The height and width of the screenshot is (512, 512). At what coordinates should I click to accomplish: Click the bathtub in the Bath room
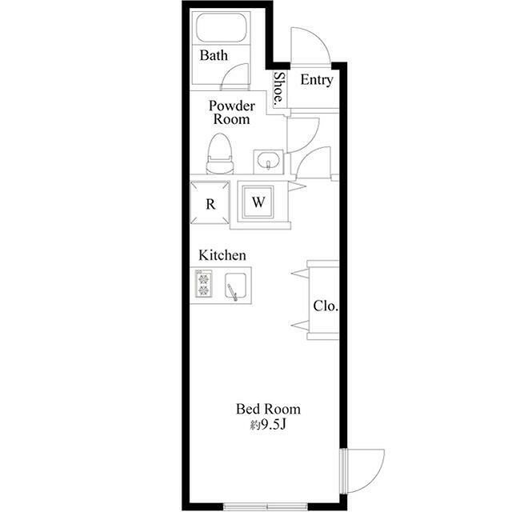coord(221,28)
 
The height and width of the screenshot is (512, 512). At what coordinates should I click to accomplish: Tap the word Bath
coord(214,55)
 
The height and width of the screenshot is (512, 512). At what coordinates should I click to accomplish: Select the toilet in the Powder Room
coord(220,154)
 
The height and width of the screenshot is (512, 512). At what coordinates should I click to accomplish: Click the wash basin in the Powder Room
coord(269,162)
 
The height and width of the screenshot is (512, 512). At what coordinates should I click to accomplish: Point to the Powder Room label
coord(232,112)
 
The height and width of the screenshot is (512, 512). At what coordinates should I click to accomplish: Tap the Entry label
coord(317,80)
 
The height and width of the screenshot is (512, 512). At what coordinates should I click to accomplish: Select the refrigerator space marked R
coord(210,202)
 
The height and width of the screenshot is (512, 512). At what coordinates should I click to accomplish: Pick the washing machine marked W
coord(258,202)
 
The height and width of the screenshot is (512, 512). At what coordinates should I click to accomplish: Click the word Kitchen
coord(222,255)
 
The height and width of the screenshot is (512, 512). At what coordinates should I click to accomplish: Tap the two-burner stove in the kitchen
coord(203,283)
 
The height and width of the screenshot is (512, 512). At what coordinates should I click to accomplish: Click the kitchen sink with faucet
coord(235,286)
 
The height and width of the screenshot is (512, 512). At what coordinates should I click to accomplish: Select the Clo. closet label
coord(326,306)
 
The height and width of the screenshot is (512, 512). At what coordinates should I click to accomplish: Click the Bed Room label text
coord(268,409)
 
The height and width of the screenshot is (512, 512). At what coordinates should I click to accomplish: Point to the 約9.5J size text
coord(268,425)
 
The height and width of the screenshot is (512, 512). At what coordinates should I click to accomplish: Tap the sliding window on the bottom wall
coord(266,506)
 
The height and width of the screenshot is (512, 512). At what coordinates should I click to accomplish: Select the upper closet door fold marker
coord(299,274)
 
